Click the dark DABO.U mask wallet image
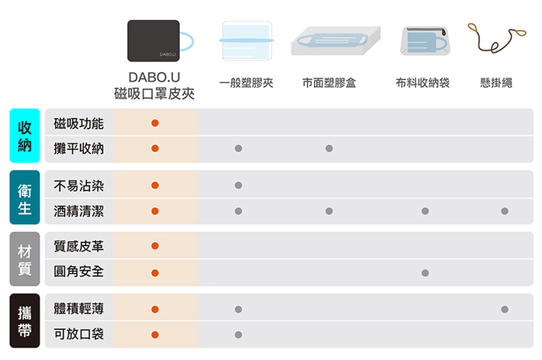click(154, 41)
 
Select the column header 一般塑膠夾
click(246, 83)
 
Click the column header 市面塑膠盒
click(330, 83)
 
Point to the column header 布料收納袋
click(423, 83)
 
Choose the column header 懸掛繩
click(496, 83)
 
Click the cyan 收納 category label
click(25, 136)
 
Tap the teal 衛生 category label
click(25, 198)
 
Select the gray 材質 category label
click(25, 260)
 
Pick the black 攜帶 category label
click(25, 322)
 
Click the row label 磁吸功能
click(79, 123)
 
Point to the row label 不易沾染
click(79, 185)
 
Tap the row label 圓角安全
click(79, 272)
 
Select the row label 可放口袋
click(79, 334)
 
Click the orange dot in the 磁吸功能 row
click(155, 123)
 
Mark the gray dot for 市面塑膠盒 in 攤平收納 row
click(330, 148)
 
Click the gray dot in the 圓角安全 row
click(425, 273)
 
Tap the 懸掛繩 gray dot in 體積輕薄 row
click(505, 310)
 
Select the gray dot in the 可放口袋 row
click(238, 334)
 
